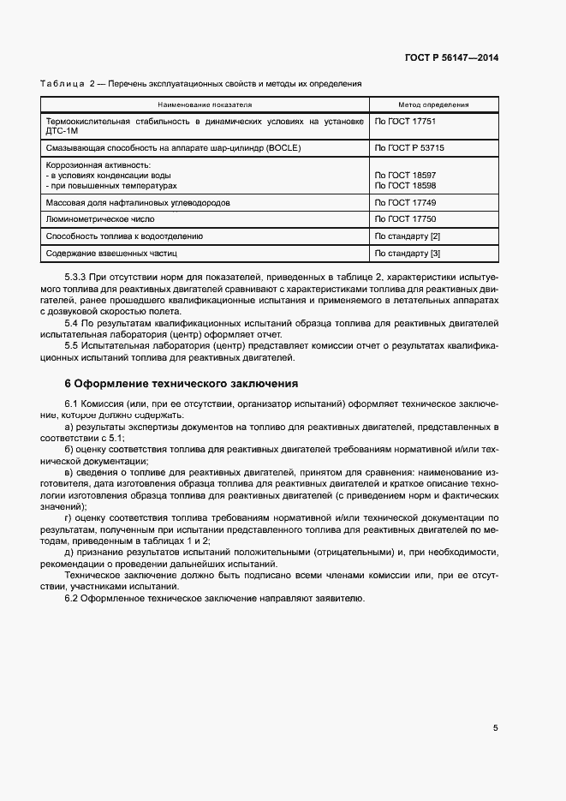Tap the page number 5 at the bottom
pos(495,728)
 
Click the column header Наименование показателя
pos(204,105)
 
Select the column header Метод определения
pos(433,105)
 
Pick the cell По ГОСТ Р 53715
pos(409,147)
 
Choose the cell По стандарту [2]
pos(408,236)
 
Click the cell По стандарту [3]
pos(408,253)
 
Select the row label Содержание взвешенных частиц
pos(110,253)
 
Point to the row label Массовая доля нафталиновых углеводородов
pos(137,203)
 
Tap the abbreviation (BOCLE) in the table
pos(266,147)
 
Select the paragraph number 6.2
pos(72,597)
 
